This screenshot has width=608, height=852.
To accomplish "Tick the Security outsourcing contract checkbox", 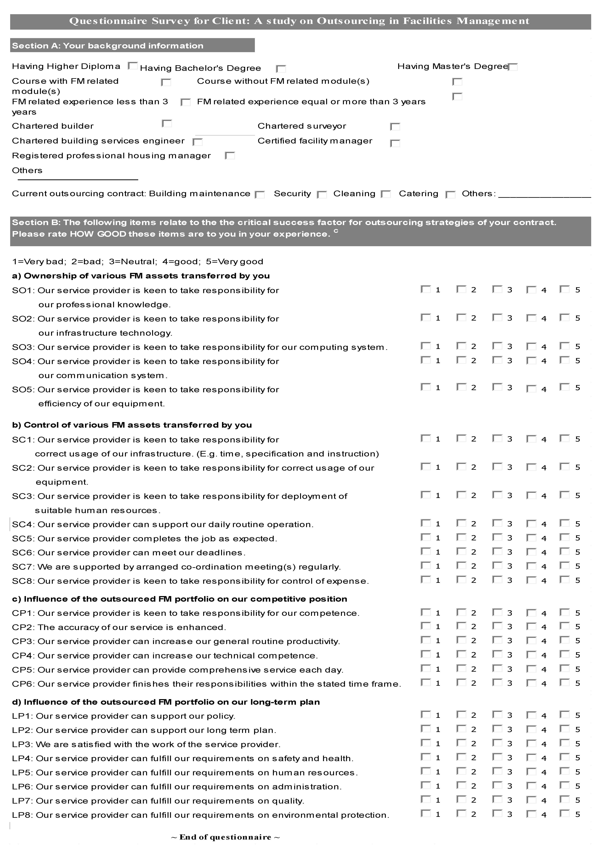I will (322, 195).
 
